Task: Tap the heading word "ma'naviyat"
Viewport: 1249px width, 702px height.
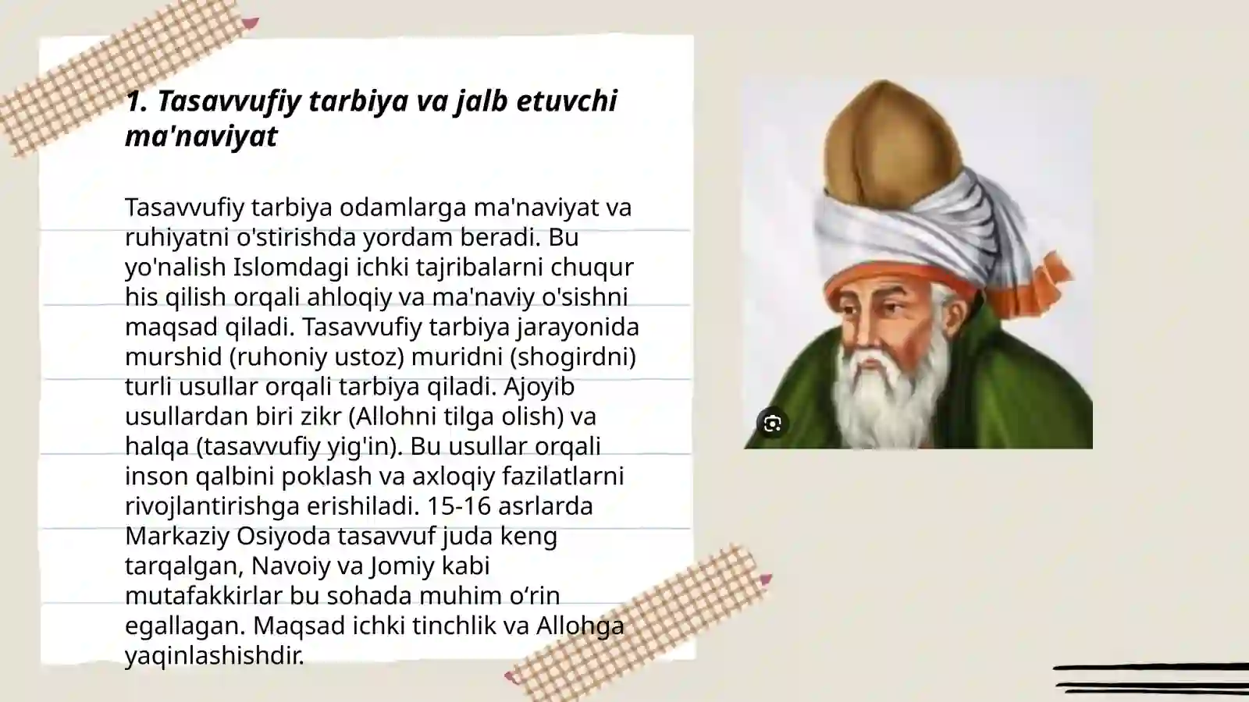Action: (x=201, y=136)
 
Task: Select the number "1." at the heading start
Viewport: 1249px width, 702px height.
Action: (x=137, y=101)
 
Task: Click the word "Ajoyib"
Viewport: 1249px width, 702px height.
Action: (x=539, y=387)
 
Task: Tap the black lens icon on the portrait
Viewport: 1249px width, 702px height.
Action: (x=773, y=424)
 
